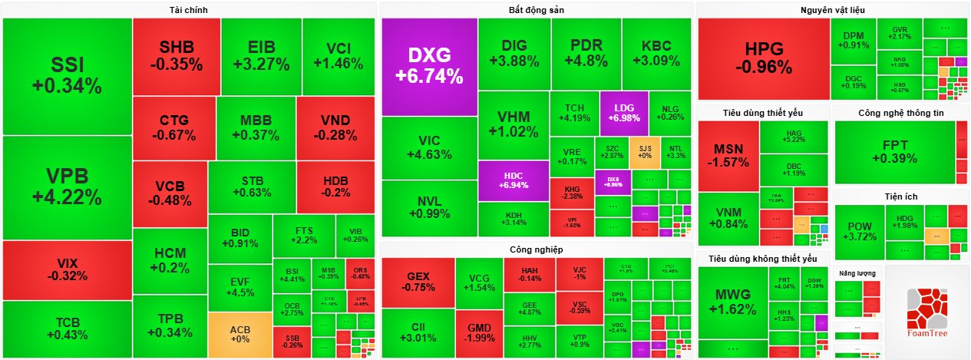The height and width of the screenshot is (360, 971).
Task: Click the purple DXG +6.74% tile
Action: [429, 66]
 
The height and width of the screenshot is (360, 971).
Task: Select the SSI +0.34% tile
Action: [67, 75]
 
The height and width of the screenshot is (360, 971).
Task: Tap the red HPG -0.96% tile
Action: [763, 58]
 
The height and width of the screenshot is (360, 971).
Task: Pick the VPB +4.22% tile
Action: [67, 187]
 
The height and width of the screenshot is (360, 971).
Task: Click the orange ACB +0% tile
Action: [239, 334]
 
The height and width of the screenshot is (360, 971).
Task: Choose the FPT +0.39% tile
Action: [894, 152]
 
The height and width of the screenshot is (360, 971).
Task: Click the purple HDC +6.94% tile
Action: [514, 180]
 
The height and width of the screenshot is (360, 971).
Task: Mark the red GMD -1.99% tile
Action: [479, 334]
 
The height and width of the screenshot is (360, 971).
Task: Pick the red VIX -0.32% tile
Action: [67, 269]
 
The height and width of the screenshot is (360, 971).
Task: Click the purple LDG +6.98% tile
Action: [623, 113]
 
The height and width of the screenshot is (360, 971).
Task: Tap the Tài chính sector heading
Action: [189, 9]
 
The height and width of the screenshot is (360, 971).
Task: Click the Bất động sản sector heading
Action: [536, 9]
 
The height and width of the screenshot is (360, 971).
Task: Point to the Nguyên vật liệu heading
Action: [832, 9]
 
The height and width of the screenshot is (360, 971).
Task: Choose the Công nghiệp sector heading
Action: [536, 249]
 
